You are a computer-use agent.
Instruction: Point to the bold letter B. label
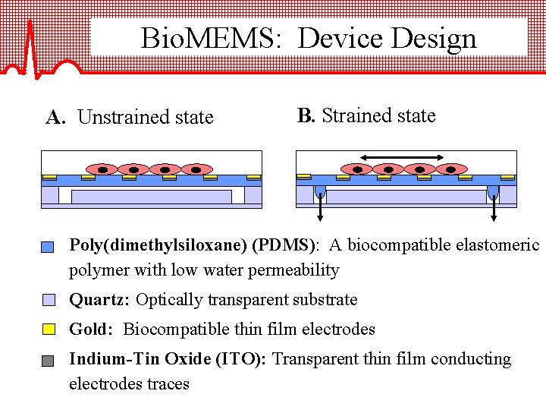click(x=306, y=116)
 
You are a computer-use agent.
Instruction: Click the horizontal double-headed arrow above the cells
click(x=401, y=157)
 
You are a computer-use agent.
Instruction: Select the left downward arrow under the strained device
click(x=320, y=205)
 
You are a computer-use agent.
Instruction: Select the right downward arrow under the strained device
click(x=494, y=205)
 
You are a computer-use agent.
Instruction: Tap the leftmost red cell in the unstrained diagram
click(x=102, y=169)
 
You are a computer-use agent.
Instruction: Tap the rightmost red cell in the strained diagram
click(x=450, y=169)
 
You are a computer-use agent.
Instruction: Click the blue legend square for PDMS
click(x=48, y=247)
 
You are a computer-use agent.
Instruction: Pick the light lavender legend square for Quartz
click(x=48, y=299)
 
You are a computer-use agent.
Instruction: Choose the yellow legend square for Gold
click(x=48, y=329)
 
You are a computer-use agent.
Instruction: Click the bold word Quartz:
click(x=100, y=300)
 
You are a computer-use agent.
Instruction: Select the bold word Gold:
click(x=93, y=330)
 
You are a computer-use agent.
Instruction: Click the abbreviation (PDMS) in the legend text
click(x=286, y=245)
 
